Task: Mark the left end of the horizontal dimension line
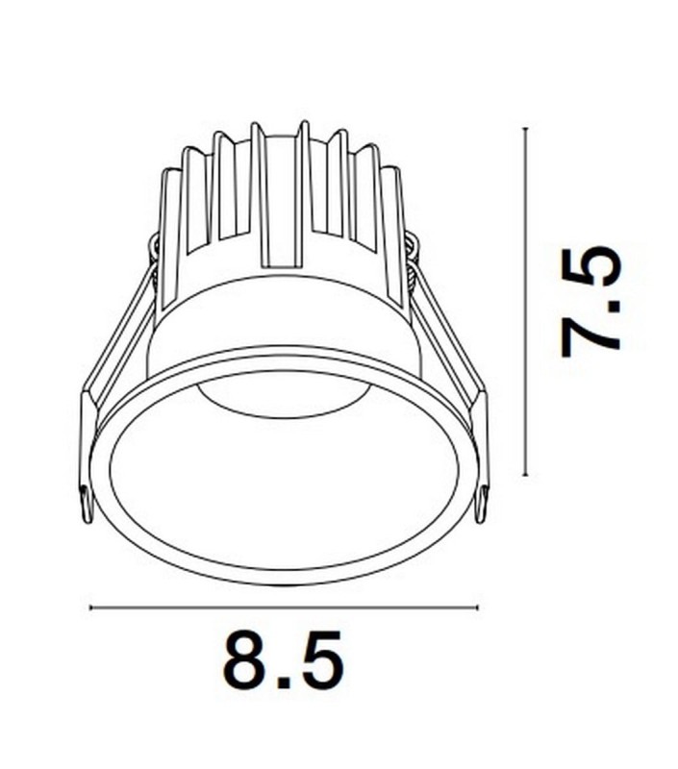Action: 89,608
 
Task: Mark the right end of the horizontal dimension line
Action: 477,608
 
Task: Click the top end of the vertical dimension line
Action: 525,128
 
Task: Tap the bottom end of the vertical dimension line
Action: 525,475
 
